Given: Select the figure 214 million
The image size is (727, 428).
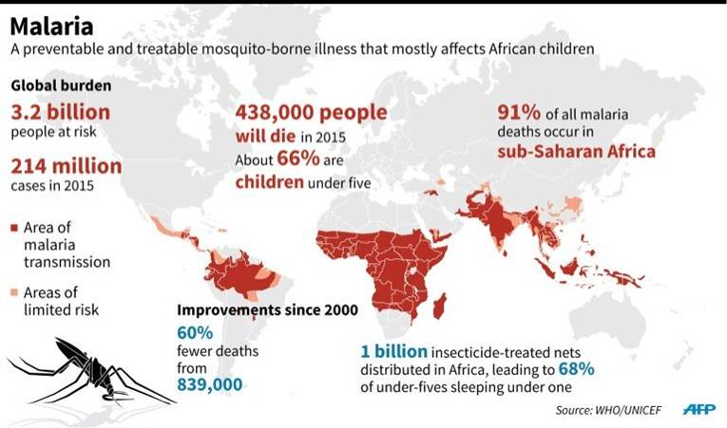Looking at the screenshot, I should [x=66, y=166].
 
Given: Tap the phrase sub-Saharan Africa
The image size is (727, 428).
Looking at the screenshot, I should [x=576, y=151].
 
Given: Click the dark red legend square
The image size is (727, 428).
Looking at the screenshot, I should [x=14, y=229].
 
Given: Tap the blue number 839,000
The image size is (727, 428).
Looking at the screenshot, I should [x=209, y=384].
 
